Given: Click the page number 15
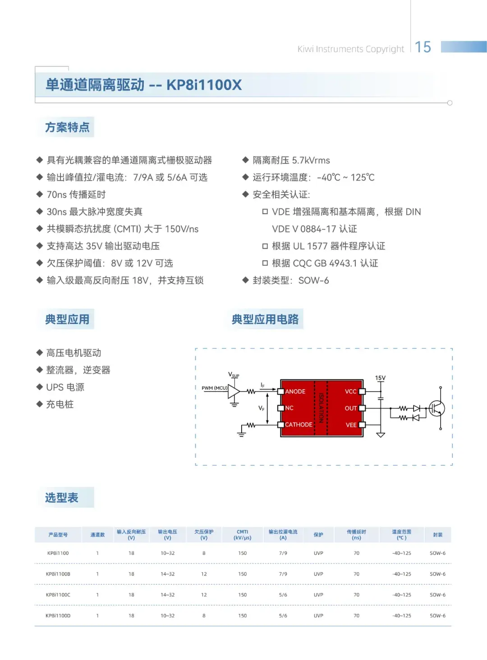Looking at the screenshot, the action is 423,47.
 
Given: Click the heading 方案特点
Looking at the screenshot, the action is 67,127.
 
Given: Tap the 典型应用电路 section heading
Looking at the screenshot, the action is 265,319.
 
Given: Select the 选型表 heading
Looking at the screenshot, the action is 62,498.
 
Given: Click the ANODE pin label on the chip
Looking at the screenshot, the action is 295,391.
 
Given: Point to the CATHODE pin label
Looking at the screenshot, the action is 299,424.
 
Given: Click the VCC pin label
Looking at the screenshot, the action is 351,391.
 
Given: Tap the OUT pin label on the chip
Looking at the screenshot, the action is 351,408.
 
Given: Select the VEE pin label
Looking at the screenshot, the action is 351,425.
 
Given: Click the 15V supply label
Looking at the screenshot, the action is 380,378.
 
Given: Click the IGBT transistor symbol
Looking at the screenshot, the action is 436,408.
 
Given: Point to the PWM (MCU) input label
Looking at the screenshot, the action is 215,388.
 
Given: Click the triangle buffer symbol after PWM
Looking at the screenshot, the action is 234,391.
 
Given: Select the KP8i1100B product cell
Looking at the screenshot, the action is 58,574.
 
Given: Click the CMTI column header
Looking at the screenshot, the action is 242,534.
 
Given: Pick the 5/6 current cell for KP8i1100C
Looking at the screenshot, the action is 283,595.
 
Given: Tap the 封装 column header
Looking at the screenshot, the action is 438,535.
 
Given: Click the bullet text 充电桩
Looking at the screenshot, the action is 60,405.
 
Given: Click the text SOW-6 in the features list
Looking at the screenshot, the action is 313,281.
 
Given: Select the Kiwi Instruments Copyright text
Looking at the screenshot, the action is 350,49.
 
